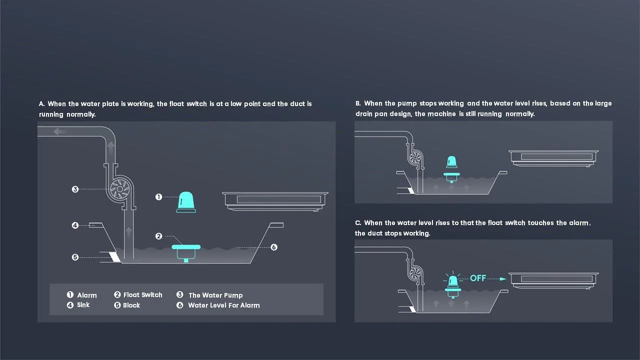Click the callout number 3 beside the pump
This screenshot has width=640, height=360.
coord(75,189)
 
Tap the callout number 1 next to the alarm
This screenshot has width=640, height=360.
coord(158,197)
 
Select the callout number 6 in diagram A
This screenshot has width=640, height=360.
coord(273,247)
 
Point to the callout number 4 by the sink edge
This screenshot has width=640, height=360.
coord(75,225)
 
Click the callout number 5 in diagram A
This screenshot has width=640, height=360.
coord(75,257)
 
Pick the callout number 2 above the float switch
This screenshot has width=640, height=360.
coord(158,236)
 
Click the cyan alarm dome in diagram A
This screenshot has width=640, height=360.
coord(186,202)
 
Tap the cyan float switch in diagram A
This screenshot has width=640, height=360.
coord(186,253)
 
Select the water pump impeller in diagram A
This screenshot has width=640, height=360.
coord(120,189)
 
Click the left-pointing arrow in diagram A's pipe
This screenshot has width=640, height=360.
coord(59,131)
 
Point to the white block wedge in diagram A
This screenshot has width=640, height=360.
coord(115,257)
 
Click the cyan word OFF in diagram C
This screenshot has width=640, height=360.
coord(478,278)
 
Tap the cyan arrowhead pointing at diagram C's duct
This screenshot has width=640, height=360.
coord(503,279)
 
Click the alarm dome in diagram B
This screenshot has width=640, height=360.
coord(451,162)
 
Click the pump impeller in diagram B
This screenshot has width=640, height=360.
coord(415,157)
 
